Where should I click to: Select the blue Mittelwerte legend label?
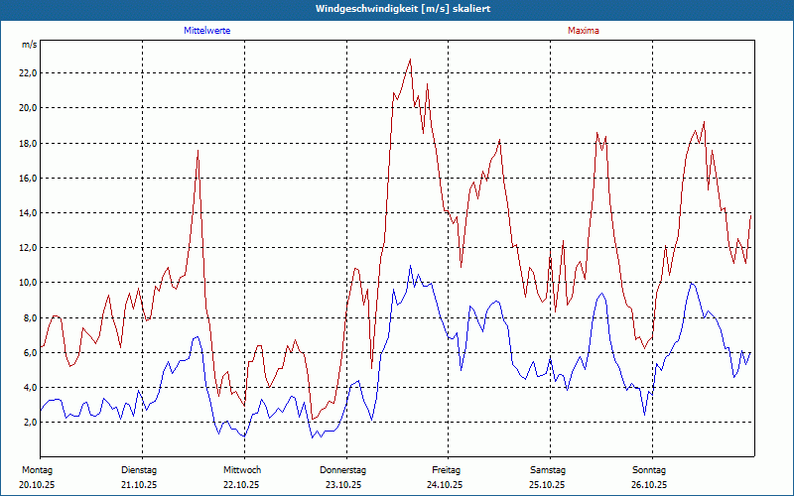pos(207,31)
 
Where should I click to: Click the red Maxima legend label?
pos(584,31)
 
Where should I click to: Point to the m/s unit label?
pos(30,46)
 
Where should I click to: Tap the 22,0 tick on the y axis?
pos(28,72)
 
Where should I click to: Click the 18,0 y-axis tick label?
pos(28,143)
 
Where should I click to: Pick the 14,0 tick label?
pos(28,212)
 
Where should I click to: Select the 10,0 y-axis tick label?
pos(28,283)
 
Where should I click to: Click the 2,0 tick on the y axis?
pos(30,423)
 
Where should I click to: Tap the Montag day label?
pos(37,469)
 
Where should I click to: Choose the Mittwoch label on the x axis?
pos(242,469)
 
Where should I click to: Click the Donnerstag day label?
pos(343,469)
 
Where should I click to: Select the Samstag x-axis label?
pos(548,469)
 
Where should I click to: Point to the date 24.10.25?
pos(446,485)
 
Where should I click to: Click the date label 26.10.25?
pos(650,485)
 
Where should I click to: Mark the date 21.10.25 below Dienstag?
pos(139,485)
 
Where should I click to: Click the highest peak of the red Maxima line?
pos(410,60)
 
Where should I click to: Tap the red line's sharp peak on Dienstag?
pos(198,151)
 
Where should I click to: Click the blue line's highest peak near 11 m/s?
pos(410,266)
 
